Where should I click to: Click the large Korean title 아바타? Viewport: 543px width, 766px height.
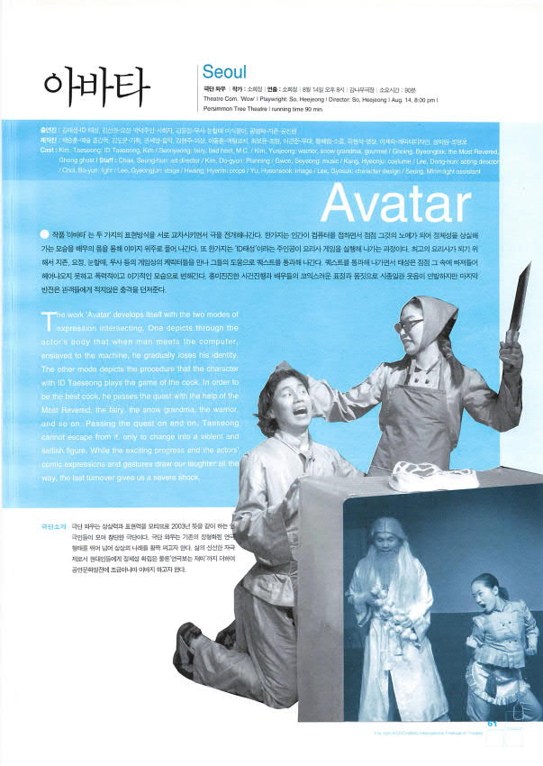point(96,86)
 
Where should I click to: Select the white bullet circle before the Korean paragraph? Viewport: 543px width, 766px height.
point(45,232)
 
